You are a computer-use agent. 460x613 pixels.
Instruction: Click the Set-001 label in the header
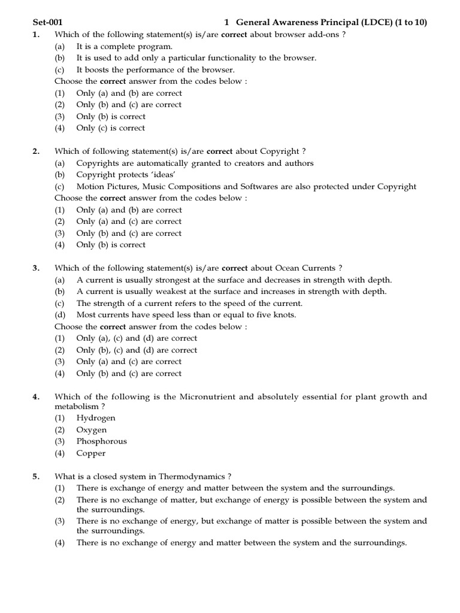click(x=48, y=23)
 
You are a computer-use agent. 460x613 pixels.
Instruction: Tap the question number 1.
click(x=36, y=35)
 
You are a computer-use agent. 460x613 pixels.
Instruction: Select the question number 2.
click(x=36, y=151)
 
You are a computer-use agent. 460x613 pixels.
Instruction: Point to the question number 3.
click(x=36, y=268)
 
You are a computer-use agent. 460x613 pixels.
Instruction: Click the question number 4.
click(x=36, y=396)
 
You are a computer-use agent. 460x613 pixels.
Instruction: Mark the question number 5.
click(x=36, y=477)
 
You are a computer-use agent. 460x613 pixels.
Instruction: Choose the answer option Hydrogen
click(x=96, y=418)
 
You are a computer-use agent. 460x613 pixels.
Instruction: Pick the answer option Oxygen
click(x=92, y=430)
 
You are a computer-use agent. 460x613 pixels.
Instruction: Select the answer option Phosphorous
click(x=102, y=441)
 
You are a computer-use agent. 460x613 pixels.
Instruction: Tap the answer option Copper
click(x=91, y=453)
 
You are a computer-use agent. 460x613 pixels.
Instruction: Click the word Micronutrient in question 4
click(x=208, y=396)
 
